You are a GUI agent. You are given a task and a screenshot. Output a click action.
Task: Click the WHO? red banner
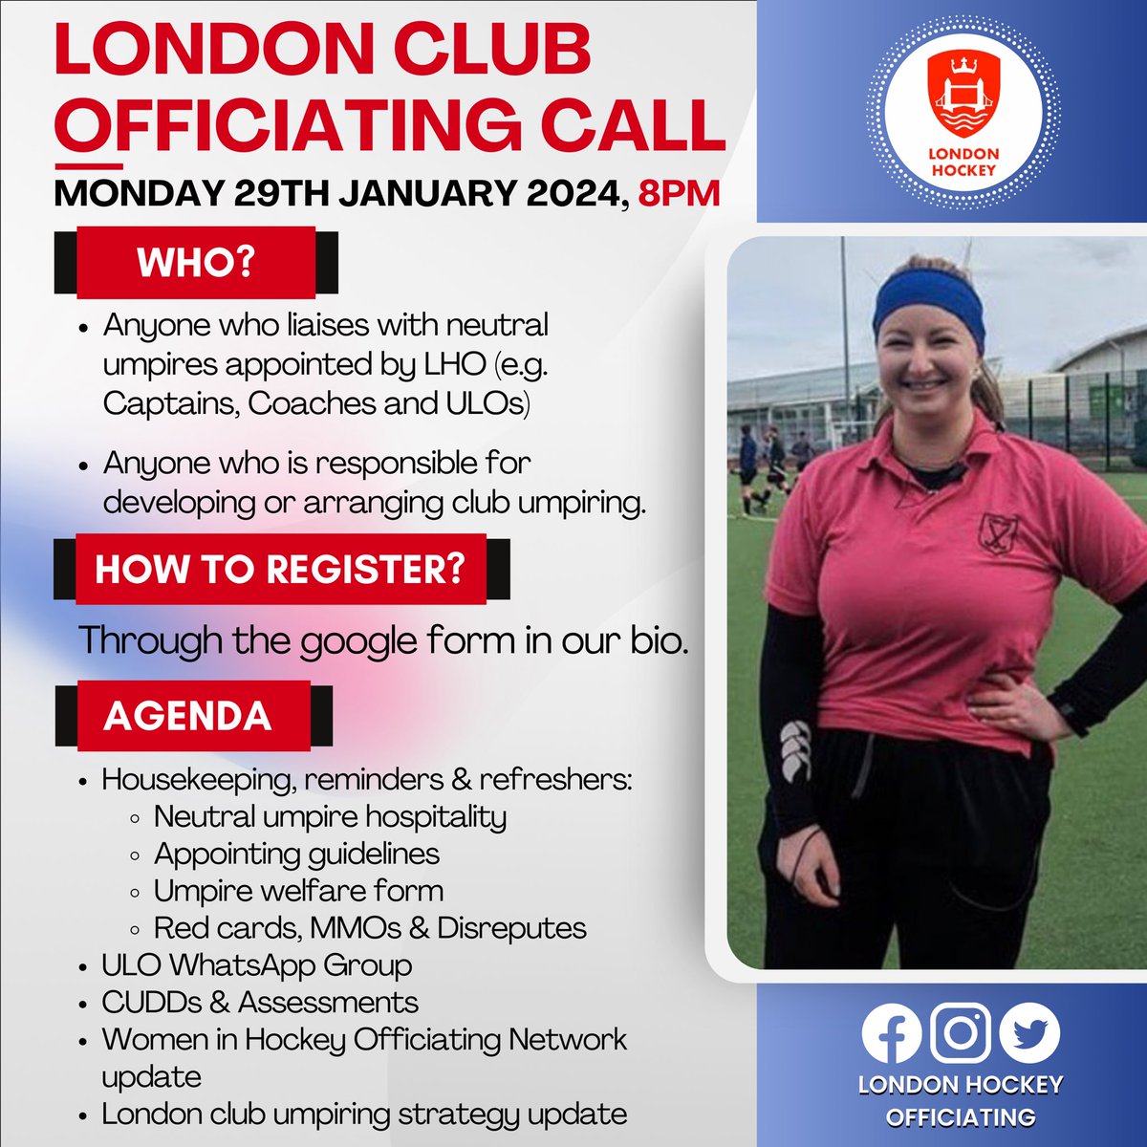point(196,262)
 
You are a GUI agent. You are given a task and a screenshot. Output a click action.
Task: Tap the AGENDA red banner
point(188,716)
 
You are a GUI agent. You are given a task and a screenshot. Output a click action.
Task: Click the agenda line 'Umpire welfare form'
point(298,891)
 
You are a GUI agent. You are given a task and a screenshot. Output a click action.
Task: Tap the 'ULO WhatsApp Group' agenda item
point(257,965)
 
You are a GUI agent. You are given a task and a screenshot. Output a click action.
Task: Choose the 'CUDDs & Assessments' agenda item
point(260,1003)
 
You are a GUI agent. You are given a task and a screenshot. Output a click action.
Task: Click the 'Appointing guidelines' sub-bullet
point(296,854)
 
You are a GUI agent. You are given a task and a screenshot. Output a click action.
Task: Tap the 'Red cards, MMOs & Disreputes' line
point(370,928)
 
